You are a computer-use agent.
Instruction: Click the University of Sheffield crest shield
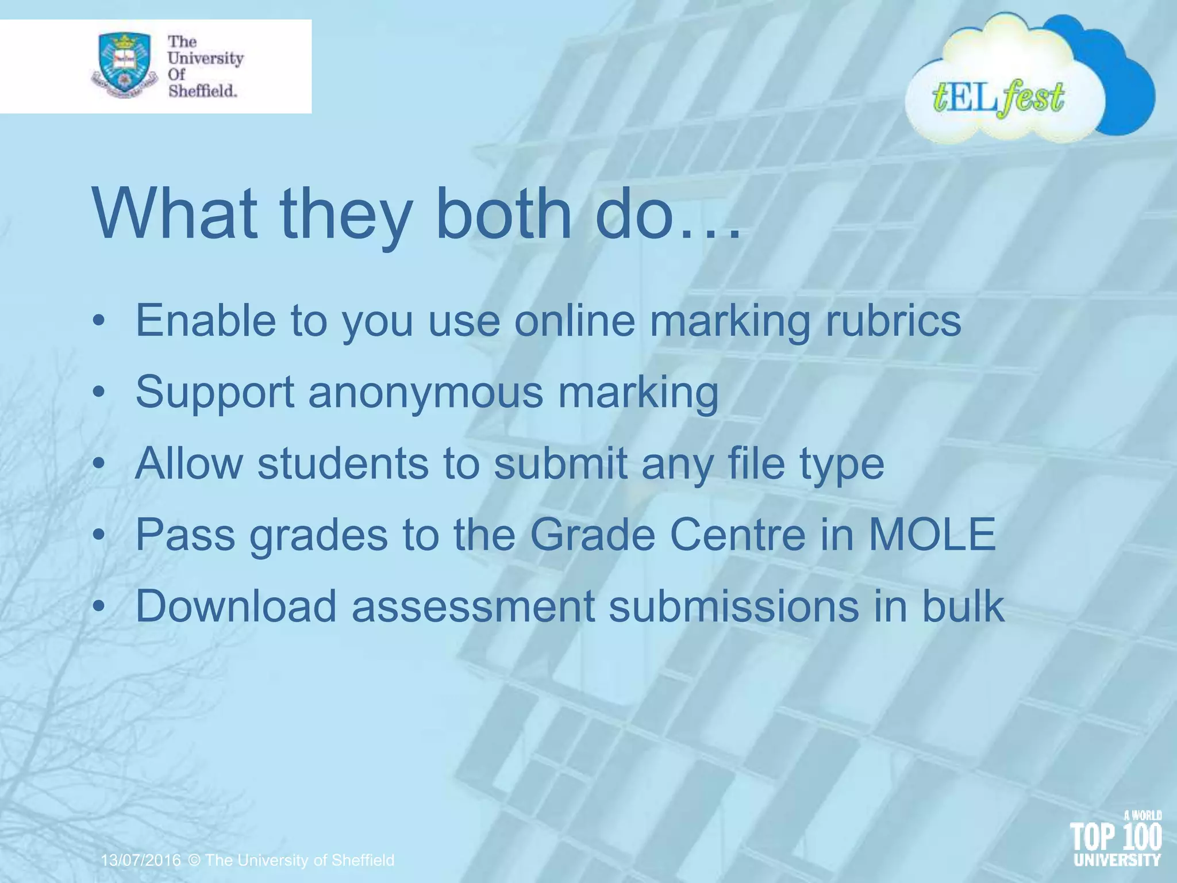coord(123,63)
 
